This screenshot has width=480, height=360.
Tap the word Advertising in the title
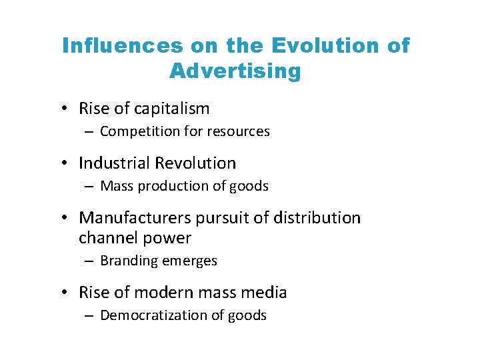(235, 71)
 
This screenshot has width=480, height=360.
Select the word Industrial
(115, 163)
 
